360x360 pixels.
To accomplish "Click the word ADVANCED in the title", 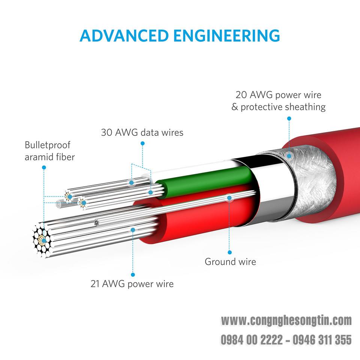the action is pos(124,36).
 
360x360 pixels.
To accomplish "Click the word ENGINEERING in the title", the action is pos(226,36).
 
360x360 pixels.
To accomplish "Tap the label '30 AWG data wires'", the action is pos(142,132).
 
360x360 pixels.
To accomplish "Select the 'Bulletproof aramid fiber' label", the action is pos(49,151).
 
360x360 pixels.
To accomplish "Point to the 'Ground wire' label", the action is pos(230,262).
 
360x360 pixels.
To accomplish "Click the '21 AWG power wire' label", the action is pos(132,284).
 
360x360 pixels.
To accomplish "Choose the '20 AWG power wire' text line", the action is pos(278,95).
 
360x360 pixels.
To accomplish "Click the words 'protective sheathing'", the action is pos(283,107).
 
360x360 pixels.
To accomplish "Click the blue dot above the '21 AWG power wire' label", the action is pos(133,274).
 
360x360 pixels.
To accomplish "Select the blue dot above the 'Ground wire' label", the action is pos(229,252).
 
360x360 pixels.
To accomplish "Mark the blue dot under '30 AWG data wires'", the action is pos(142,144).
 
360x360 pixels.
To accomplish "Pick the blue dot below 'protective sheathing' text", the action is pos(289,118).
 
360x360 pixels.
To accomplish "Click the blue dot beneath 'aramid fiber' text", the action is pos(44,168).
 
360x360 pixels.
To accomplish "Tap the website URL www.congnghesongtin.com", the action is pos(286,321).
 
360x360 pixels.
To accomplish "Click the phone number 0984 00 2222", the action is pos(252,340).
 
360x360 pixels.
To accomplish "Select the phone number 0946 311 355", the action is pos(322,340).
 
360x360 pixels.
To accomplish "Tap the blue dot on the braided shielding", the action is pos(289,156).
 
